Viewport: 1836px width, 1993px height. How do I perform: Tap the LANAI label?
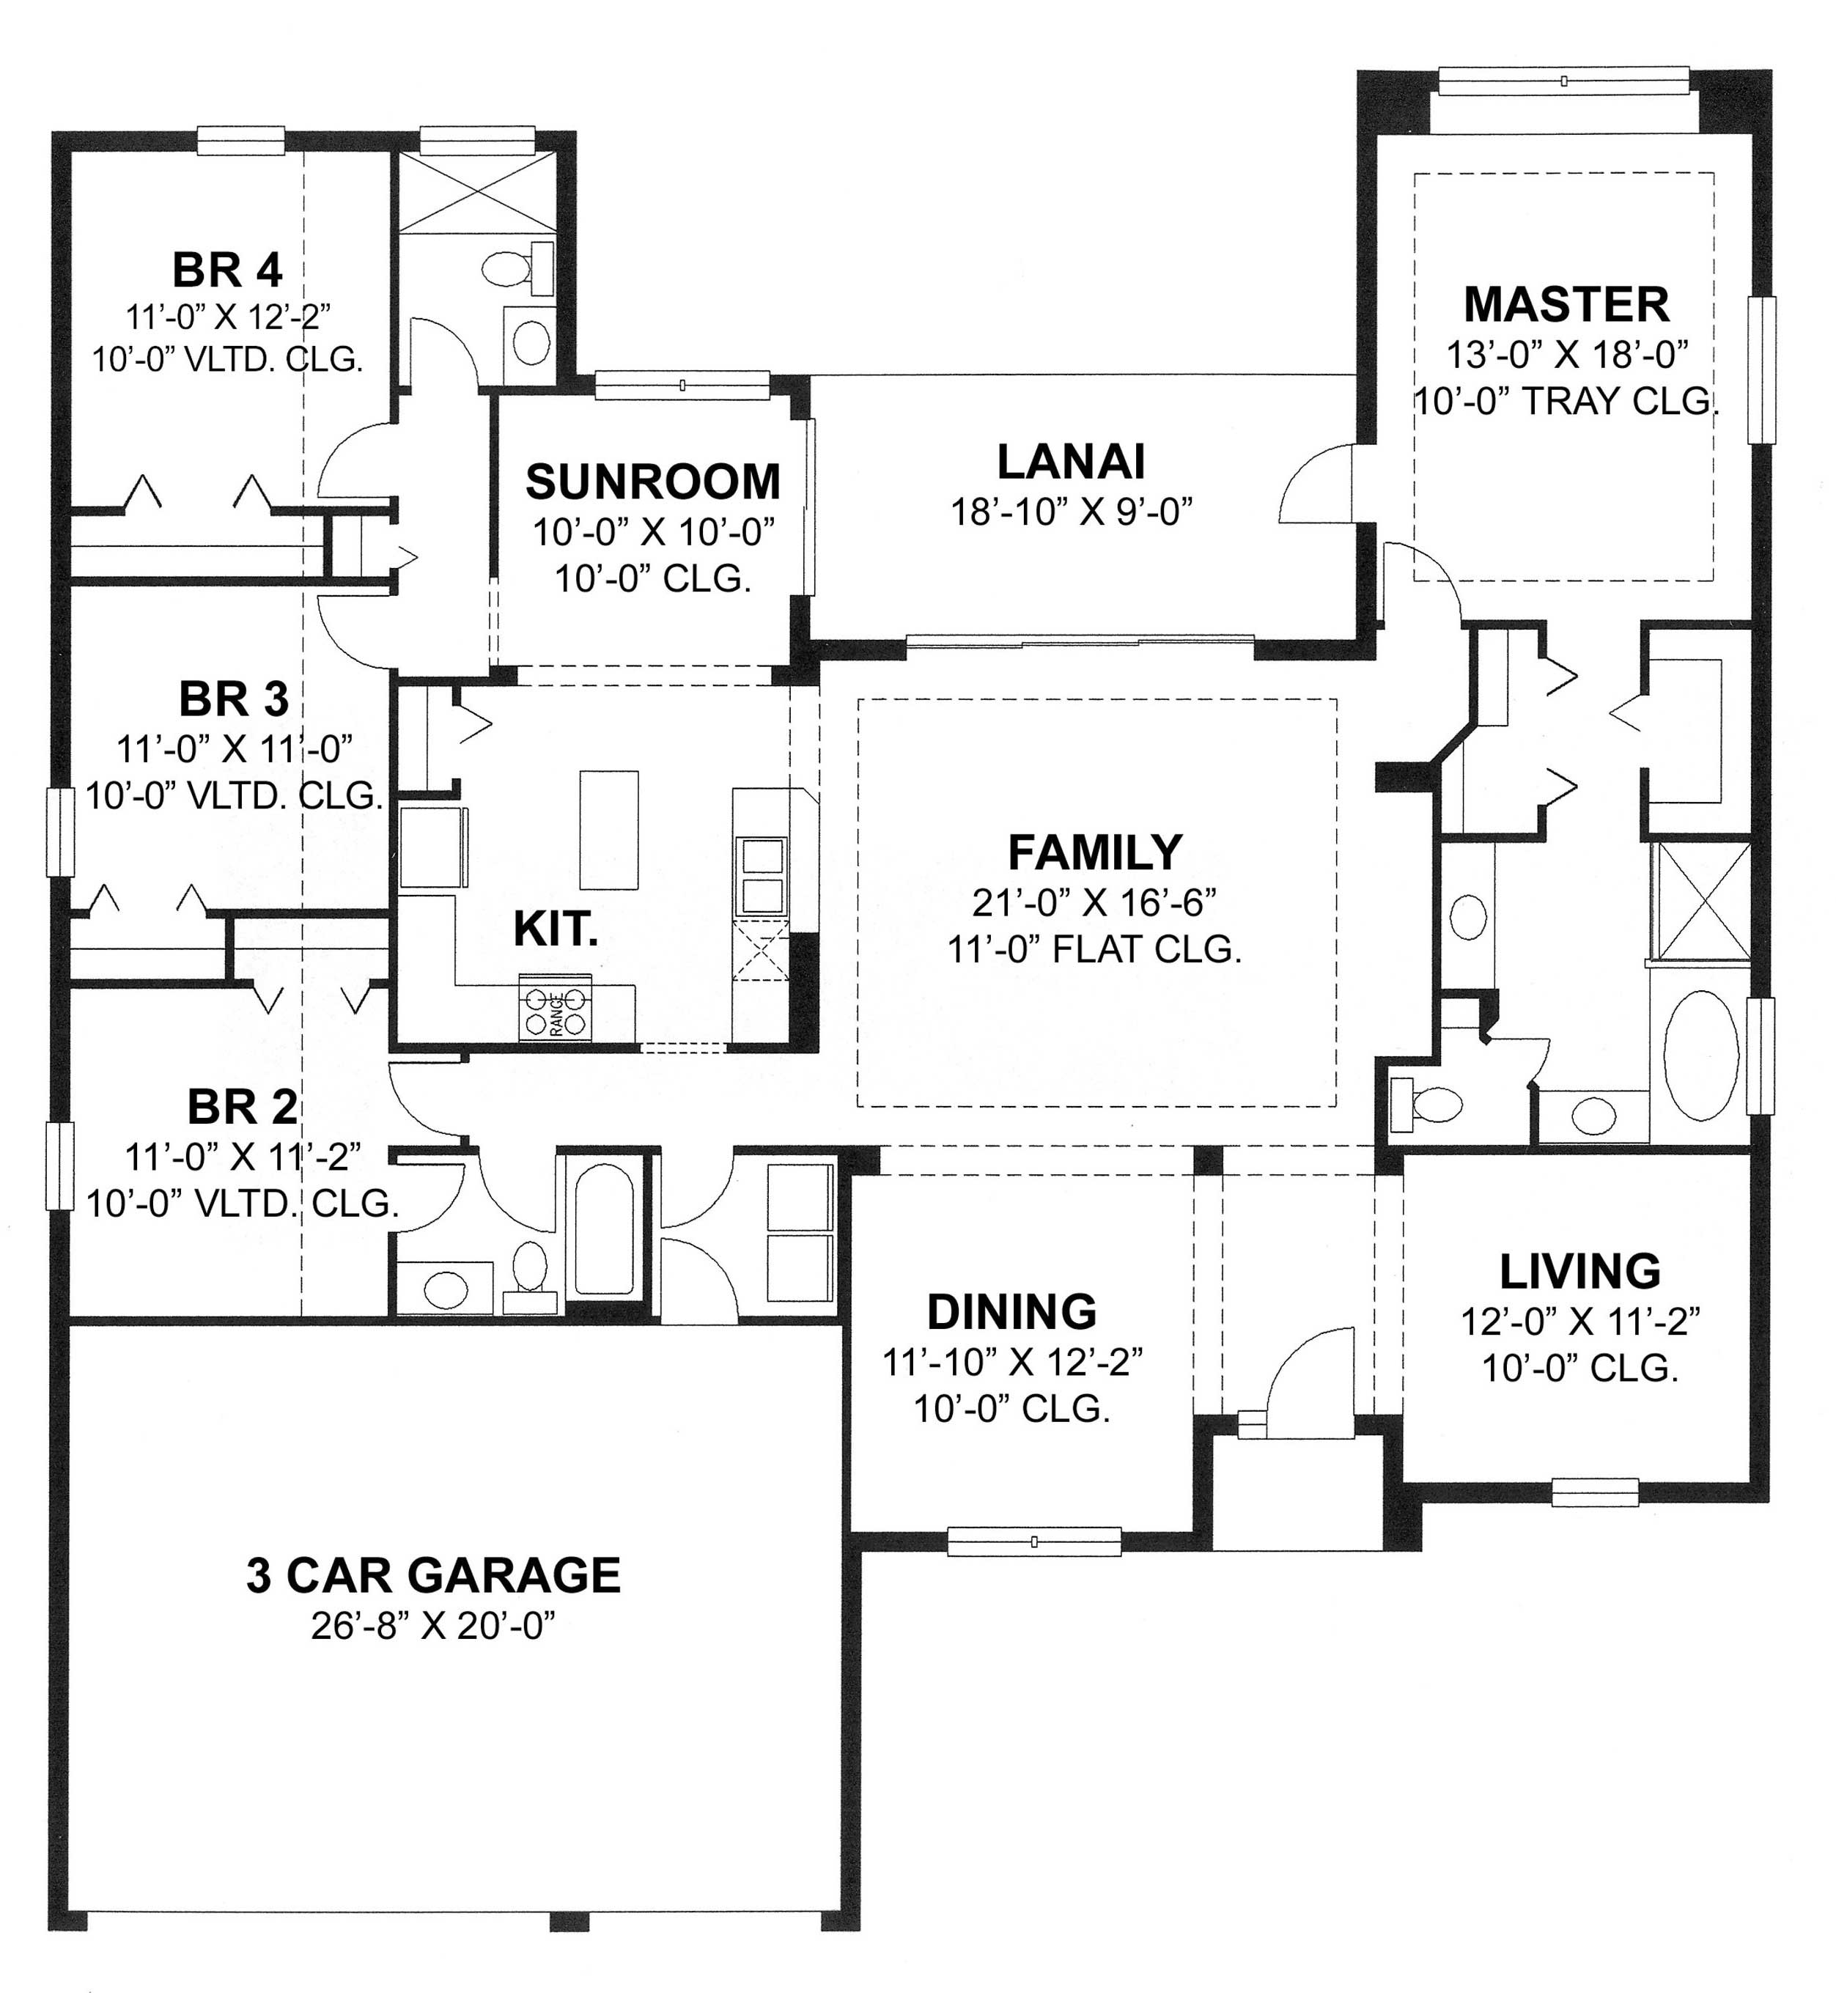click(x=1071, y=463)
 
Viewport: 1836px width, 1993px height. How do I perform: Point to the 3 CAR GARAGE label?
click(x=433, y=1576)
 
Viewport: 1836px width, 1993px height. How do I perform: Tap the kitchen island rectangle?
click(x=609, y=830)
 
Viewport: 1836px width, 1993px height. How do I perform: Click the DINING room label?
click(x=1011, y=1313)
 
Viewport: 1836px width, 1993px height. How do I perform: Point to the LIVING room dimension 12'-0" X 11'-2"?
click(x=1579, y=1322)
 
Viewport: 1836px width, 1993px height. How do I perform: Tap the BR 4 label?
click(x=227, y=270)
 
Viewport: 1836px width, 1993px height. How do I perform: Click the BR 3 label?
click(x=234, y=699)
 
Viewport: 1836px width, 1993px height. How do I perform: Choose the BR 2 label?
click(x=241, y=1107)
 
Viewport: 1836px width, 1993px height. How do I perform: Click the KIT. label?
click(x=556, y=929)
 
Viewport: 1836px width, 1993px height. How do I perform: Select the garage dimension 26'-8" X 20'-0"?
click(x=433, y=1627)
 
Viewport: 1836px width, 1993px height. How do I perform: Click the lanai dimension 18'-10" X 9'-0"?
click(x=1071, y=512)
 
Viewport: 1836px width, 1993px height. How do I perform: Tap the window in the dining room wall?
click(x=1033, y=1542)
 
